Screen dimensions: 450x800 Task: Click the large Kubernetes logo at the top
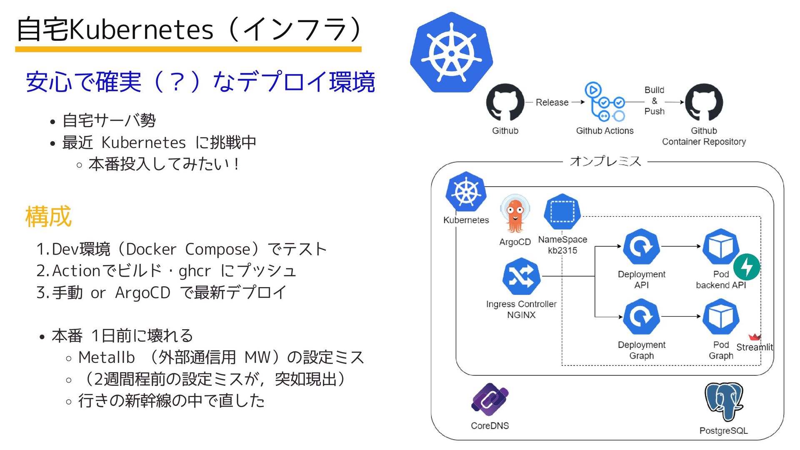[x=452, y=52]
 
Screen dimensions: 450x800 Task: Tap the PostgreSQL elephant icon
[x=724, y=402]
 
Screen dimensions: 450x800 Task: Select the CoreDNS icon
[x=490, y=400]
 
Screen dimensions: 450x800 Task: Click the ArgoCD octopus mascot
[x=515, y=215]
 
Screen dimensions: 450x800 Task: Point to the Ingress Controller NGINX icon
[x=521, y=277]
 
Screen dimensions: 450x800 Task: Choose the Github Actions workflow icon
[x=605, y=102]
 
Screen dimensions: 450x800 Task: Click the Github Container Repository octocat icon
[x=704, y=102]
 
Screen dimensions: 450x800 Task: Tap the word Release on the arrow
[x=552, y=102]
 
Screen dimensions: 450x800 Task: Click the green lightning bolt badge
[x=747, y=267]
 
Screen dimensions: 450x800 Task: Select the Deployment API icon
[x=641, y=247]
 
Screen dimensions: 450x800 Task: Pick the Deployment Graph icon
[x=641, y=317]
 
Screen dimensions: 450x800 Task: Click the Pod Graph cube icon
[x=720, y=317]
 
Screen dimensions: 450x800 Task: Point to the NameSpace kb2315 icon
[x=562, y=212]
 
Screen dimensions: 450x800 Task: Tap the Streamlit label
[x=754, y=347]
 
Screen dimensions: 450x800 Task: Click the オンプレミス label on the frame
[x=605, y=161]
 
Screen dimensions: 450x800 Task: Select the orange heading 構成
[x=48, y=217]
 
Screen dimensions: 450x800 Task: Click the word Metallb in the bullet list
[x=107, y=357]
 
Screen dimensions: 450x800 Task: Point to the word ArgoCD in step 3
[x=142, y=292]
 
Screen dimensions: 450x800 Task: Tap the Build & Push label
[x=654, y=101]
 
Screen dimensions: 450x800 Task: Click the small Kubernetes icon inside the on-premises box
[x=466, y=192]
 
